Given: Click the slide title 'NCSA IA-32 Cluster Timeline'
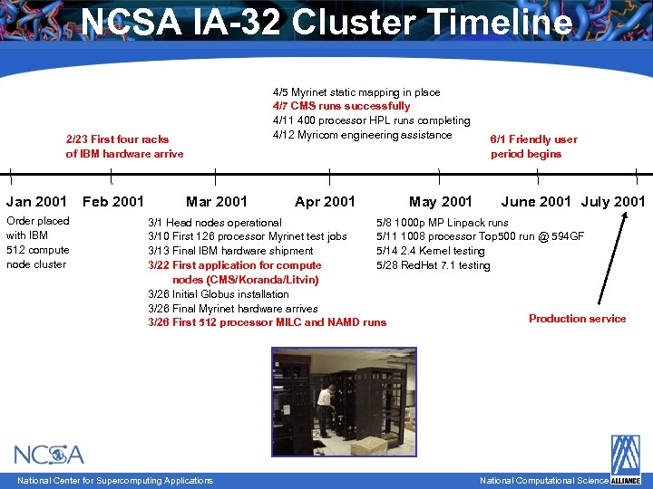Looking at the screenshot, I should pyautogui.click(x=326, y=22).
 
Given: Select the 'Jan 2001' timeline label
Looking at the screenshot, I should pyautogui.click(x=36, y=201).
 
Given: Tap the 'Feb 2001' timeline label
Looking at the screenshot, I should pyautogui.click(x=113, y=201).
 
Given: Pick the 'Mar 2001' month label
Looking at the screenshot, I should pyautogui.click(x=216, y=201).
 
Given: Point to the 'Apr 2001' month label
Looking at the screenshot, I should pyautogui.click(x=325, y=201).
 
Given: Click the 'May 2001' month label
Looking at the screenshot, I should pyautogui.click(x=441, y=201).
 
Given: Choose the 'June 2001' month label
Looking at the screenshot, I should pyautogui.click(x=536, y=201).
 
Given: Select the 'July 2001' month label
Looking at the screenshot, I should pyautogui.click(x=613, y=201).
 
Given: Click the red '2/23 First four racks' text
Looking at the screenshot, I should pyautogui.click(x=117, y=139).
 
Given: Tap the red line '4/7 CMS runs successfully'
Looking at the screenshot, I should pyautogui.click(x=341, y=106).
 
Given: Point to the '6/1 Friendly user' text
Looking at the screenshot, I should pyautogui.click(x=533, y=139).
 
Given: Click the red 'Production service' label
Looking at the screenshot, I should pyautogui.click(x=577, y=318).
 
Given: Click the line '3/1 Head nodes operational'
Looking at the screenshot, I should pyautogui.click(x=214, y=222).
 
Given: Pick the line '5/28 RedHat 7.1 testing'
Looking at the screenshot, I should pyautogui.click(x=433, y=265).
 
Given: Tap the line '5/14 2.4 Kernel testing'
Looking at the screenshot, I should pyautogui.click(x=430, y=251).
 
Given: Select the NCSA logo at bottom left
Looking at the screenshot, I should pyautogui.click(x=49, y=455).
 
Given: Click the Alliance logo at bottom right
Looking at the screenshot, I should pyautogui.click(x=625, y=460).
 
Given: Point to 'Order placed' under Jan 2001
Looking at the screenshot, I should pyautogui.click(x=37, y=221).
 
